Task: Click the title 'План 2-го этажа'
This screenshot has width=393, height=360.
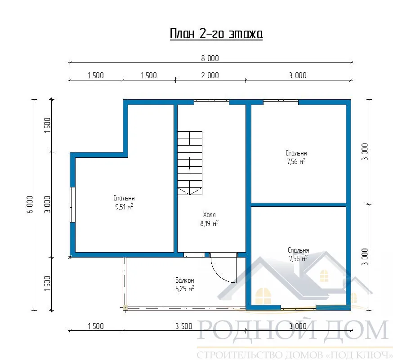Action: point(216,34)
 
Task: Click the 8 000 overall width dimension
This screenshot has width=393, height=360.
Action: point(210,58)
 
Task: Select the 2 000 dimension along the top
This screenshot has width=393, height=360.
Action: point(210,76)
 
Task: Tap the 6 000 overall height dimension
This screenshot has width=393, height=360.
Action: point(30,204)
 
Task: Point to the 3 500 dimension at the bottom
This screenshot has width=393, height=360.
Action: point(184,326)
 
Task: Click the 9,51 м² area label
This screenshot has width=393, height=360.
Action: point(124,207)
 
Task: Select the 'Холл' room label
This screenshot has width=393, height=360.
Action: point(209,215)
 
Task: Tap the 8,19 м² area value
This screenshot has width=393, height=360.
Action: point(209,223)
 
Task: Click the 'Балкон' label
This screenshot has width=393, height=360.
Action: point(185,280)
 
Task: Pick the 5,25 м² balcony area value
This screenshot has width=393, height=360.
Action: point(185,289)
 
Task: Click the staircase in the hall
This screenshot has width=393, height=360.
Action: point(190,163)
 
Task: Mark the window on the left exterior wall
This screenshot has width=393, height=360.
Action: point(72,204)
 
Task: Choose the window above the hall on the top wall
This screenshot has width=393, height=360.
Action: point(211,102)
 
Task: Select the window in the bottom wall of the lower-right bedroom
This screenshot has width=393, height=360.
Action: point(298,307)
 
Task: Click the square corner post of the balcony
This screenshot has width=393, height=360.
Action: point(125,307)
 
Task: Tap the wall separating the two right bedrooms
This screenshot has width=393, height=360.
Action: point(299,204)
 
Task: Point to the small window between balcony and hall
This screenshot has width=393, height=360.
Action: point(194,255)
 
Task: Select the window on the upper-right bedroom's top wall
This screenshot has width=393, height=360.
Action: point(281,102)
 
